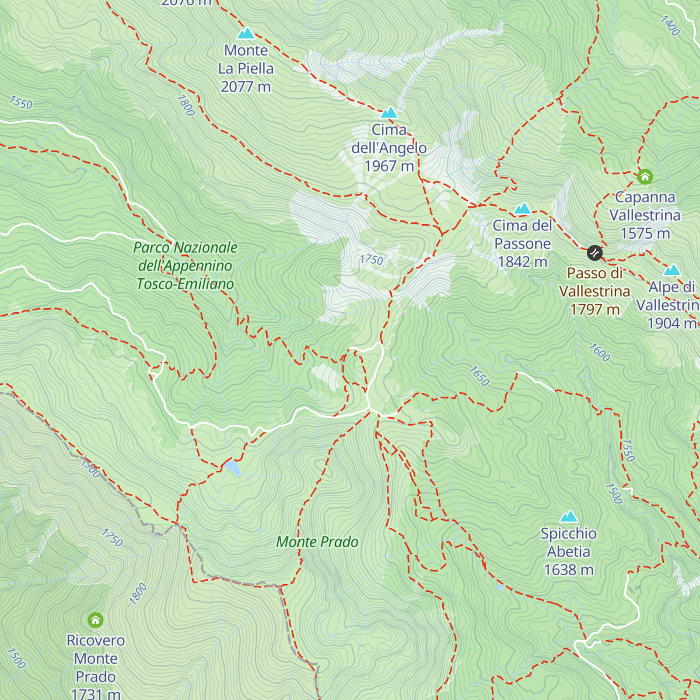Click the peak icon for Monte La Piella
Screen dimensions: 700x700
pyautogui.click(x=246, y=33)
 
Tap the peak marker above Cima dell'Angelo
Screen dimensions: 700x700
pyautogui.click(x=389, y=113)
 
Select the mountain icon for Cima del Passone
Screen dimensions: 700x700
pyautogui.click(x=522, y=208)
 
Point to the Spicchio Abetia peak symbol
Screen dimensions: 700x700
pyautogui.click(x=568, y=517)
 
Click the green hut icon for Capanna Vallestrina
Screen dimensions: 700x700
pyautogui.click(x=645, y=176)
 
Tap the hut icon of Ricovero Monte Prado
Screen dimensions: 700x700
pyautogui.click(x=95, y=619)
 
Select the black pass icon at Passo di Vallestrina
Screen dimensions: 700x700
pyautogui.click(x=594, y=253)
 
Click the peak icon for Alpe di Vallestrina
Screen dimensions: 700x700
pyautogui.click(x=672, y=270)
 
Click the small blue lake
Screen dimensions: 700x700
pyautogui.click(x=233, y=467)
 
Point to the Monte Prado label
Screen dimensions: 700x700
pyautogui.click(x=317, y=542)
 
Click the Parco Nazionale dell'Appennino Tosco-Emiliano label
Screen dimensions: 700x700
pyautogui.click(x=185, y=265)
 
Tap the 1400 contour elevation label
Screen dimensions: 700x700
pyautogui.click(x=670, y=25)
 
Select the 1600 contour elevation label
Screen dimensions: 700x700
pyautogui.click(x=599, y=352)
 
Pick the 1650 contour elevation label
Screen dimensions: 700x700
pyautogui.click(x=478, y=376)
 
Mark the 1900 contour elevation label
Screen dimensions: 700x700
pyautogui.click(x=90, y=467)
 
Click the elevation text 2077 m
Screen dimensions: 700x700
pyautogui.click(x=246, y=87)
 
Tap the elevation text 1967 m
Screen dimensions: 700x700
pyautogui.click(x=389, y=166)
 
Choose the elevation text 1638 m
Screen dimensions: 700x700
pyautogui.click(x=568, y=570)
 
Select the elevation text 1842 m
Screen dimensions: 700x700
pyautogui.click(x=522, y=262)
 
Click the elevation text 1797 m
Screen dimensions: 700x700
pyautogui.click(x=594, y=309)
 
